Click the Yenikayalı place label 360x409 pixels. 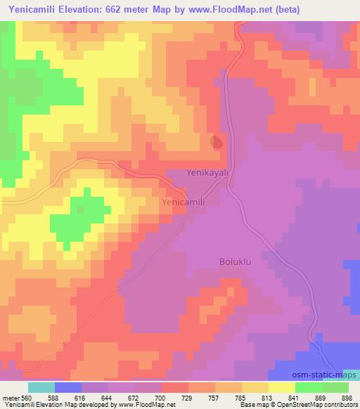(208, 172)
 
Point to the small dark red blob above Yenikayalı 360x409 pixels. (217, 142)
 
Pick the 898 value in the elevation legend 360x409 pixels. (347, 397)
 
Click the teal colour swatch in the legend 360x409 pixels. (41, 387)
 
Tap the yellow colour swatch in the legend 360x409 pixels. (281, 387)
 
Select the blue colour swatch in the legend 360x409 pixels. (68, 387)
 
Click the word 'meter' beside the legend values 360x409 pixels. (10, 397)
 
